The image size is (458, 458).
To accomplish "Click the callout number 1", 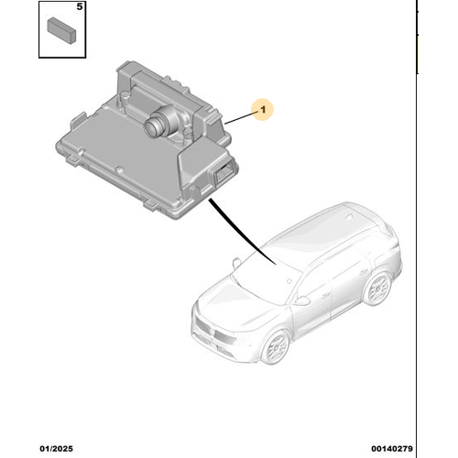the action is pyautogui.click(x=263, y=109).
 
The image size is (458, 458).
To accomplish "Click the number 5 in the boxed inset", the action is pyautogui.click(x=80, y=6).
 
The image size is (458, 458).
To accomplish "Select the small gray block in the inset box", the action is pyautogui.click(x=61, y=30).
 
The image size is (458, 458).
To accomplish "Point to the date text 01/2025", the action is pyautogui.click(x=57, y=449).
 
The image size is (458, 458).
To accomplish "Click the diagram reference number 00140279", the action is pyautogui.click(x=392, y=449).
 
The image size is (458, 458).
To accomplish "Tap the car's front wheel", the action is pyautogui.click(x=276, y=347).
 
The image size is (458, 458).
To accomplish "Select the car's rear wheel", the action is pyautogui.click(x=377, y=289).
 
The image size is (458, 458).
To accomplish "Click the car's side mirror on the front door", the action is pyautogui.click(x=301, y=300).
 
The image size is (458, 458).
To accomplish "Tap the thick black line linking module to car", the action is pyautogui.click(x=241, y=233).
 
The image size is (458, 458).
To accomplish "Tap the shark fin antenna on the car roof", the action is pyautogui.click(x=348, y=217).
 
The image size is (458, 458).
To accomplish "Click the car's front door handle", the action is pyautogui.click(x=325, y=295).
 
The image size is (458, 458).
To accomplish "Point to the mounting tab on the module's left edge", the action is pyautogui.click(x=78, y=120).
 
